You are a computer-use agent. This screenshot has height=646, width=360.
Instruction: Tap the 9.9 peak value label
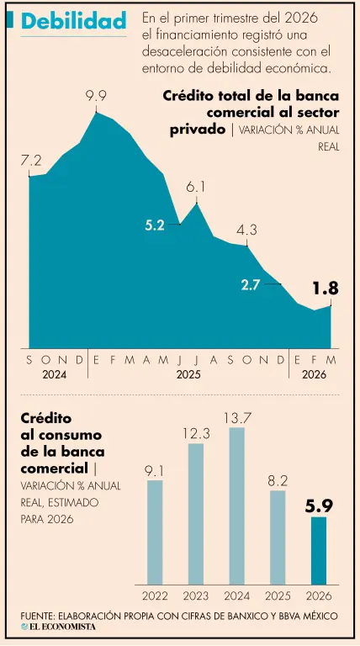pyautogui.click(x=96, y=97)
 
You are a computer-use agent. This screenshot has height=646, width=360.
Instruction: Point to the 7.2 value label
pyautogui.click(x=31, y=161)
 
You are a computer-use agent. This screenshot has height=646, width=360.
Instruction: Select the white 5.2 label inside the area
pyautogui.click(x=155, y=225)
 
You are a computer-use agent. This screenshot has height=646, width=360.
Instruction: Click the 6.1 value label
pyautogui.click(x=196, y=188)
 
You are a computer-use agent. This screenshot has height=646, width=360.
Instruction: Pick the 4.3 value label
pyautogui.click(x=246, y=229)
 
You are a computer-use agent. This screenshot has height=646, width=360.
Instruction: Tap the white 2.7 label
pyautogui.click(x=249, y=285)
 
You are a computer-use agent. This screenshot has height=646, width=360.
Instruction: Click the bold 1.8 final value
pyautogui.click(x=326, y=289)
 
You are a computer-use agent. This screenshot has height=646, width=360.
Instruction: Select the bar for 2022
pyautogui.click(x=155, y=532)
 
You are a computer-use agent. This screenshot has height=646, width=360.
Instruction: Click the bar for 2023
pyautogui.click(x=196, y=514)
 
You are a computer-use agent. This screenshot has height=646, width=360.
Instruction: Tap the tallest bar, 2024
pyautogui.click(x=236, y=506)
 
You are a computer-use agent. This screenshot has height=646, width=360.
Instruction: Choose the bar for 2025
pyautogui.click(x=278, y=537)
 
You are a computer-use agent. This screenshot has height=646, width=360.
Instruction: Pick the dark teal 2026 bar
pyautogui.click(x=319, y=551)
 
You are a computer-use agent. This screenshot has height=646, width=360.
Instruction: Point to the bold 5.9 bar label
pyautogui.click(x=319, y=506)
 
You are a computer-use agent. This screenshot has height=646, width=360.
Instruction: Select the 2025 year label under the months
pyautogui.click(x=188, y=375)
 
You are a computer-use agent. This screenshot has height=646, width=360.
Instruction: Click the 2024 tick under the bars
pyautogui.click(x=236, y=596)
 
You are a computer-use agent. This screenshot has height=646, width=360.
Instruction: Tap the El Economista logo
pyautogui.click(x=59, y=627)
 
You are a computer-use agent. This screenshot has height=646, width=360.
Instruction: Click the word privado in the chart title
pyautogui.click(x=198, y=130)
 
